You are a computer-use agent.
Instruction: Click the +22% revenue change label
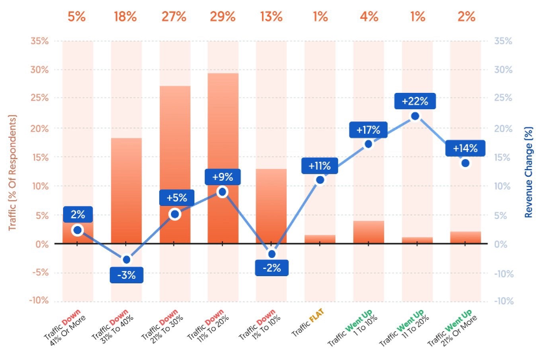[x=415, y=101]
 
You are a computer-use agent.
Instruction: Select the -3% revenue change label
[x=126, y=275]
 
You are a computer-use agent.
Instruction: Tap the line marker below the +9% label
[x=222, y=192]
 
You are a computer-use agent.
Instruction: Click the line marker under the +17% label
[x=369, y=144]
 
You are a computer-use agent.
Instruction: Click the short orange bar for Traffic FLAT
[x=319, y=239]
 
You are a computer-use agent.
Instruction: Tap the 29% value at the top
[x=222, y=17]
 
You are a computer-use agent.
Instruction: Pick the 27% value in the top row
[x=174, y=17]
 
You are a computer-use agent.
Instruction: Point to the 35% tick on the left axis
[x=40, y=41]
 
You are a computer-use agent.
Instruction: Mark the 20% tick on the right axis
[x=504, y=128]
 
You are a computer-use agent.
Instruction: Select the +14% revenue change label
[x=465, y=148]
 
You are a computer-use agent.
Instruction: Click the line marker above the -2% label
[x=271, y=254]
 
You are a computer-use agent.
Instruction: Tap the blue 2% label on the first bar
[x=78, y=215]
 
